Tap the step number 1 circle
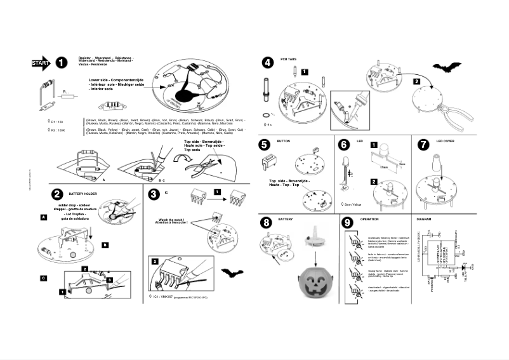coord(61,63)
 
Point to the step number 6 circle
coord(343,145)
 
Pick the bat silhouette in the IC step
coord(232,273)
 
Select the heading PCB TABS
coord(288,58)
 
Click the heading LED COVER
coord(445,141)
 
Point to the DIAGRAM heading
coord(423,219)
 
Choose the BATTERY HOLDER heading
coord(83,193)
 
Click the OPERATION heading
coord(369,219)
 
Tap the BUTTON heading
coord(284,141)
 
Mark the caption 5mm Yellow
coord(352,204)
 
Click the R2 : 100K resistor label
coord(58,130)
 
